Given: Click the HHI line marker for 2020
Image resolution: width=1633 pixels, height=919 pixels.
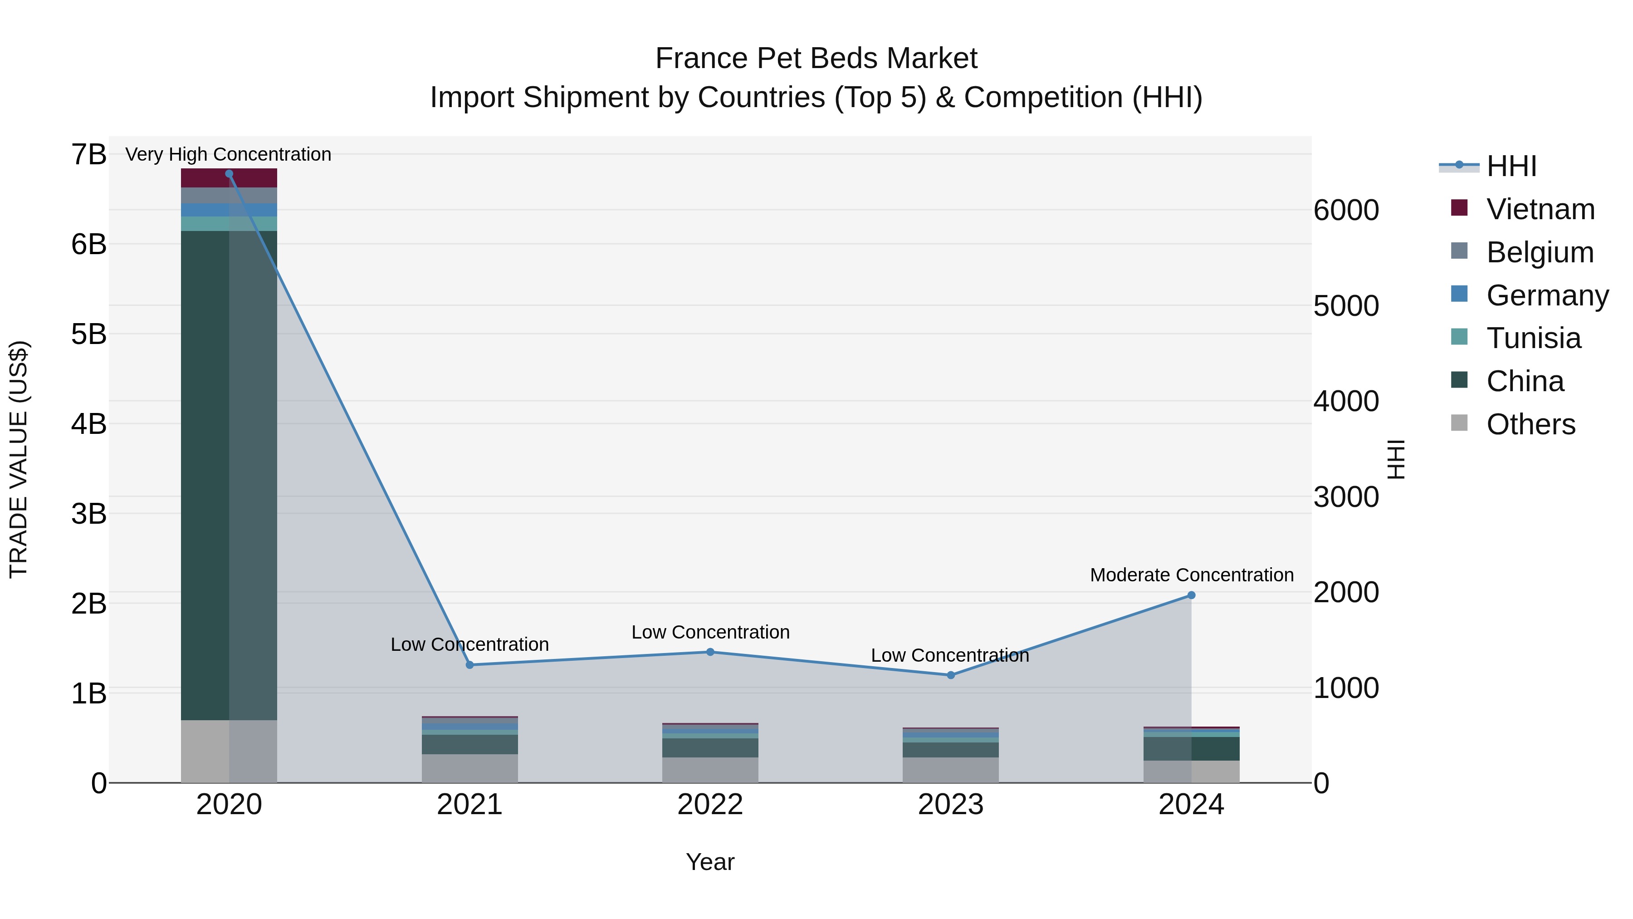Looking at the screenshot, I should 229,174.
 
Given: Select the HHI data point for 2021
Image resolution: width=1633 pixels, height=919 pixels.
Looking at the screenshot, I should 470,665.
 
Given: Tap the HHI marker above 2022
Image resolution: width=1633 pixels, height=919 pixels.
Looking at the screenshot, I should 710,652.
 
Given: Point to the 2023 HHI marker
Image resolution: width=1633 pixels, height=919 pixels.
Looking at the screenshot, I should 951,675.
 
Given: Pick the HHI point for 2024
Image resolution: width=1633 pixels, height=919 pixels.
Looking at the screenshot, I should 1191,595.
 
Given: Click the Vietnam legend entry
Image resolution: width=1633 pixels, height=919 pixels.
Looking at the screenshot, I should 1540,209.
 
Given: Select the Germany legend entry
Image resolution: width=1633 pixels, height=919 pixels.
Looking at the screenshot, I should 1547,295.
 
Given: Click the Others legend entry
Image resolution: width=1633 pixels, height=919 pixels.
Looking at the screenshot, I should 1530,424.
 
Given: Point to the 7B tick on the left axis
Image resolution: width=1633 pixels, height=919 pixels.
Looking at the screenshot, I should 89,155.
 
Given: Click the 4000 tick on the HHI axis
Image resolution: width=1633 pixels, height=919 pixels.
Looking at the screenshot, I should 1345,402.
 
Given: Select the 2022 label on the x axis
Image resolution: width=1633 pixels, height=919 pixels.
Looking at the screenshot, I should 710,805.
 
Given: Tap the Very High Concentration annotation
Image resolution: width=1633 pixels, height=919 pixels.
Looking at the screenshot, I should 228,154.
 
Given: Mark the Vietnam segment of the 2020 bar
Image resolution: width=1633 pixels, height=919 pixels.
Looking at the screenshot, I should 229,178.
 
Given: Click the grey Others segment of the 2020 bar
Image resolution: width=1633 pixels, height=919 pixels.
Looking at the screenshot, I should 229,751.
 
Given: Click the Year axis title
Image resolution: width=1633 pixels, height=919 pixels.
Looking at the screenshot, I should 710,862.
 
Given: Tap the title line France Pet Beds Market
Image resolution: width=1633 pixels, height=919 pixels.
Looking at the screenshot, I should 816,59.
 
